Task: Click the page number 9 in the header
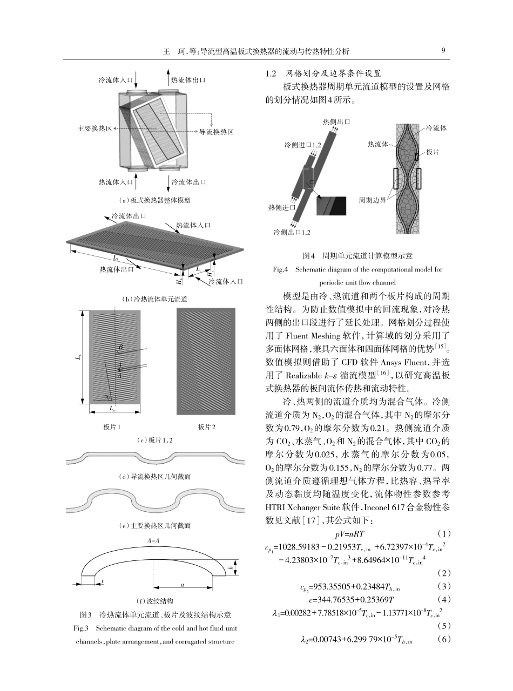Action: click(x=443, y=51)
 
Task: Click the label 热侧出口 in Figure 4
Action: click(x=336, y=120)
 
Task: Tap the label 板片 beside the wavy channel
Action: click(x=432, y=153)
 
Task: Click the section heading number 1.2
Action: click(x=271, y=73)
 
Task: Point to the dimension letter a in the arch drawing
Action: click(x=183, y=584)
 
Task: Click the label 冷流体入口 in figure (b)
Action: click(x=226, y=281)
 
